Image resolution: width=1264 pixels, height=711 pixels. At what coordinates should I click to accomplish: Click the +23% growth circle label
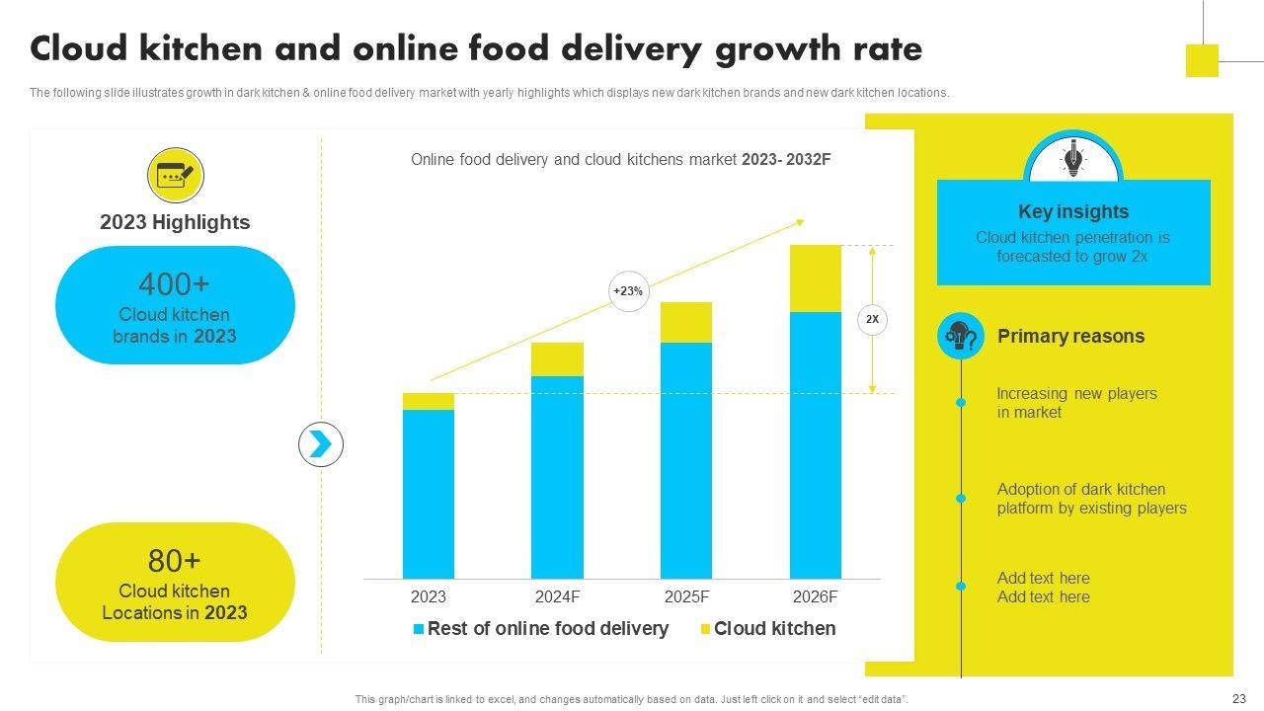tap(628, 291)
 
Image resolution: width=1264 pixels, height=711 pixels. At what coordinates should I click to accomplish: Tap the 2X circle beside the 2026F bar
tap(872, 320)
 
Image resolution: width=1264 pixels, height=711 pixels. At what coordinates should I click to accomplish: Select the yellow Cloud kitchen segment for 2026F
tap(816, 278)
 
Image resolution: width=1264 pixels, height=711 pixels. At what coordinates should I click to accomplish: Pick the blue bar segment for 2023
tap(429, 494)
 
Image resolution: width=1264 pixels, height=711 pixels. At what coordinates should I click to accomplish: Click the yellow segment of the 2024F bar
tap(557, 359)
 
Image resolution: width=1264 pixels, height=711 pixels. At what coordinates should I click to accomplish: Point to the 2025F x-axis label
tap(686, 596)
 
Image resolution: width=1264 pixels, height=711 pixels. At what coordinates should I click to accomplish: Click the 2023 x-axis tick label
tap(429, 596)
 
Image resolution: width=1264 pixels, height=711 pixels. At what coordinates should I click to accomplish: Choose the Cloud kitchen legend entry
tap(767, 629)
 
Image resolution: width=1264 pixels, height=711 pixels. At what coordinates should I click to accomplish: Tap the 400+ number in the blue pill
tap(175, 284)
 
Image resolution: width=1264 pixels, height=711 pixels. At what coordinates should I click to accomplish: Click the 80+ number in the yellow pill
tap(175, 561)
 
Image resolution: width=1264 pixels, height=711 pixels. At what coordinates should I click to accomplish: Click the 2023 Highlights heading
tap(175, 222)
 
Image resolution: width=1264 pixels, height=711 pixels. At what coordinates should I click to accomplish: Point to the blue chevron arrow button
tap(321, 444)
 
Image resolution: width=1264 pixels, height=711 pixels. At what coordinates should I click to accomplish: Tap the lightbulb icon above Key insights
tap(1072, 159)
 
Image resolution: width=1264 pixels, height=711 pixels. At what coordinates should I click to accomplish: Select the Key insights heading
tap(1073, 211)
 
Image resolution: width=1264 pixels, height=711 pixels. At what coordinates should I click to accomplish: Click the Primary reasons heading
tap(1070, 336)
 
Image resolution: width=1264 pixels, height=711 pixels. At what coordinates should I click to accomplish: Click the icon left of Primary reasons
tap(961, 337)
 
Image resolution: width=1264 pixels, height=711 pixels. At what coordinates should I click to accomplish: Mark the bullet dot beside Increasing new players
tap(961, 403)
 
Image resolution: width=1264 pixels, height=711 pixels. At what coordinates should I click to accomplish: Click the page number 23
tap(1239, 698)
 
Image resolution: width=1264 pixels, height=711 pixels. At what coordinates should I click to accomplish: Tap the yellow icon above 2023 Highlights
tap(175, 176)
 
